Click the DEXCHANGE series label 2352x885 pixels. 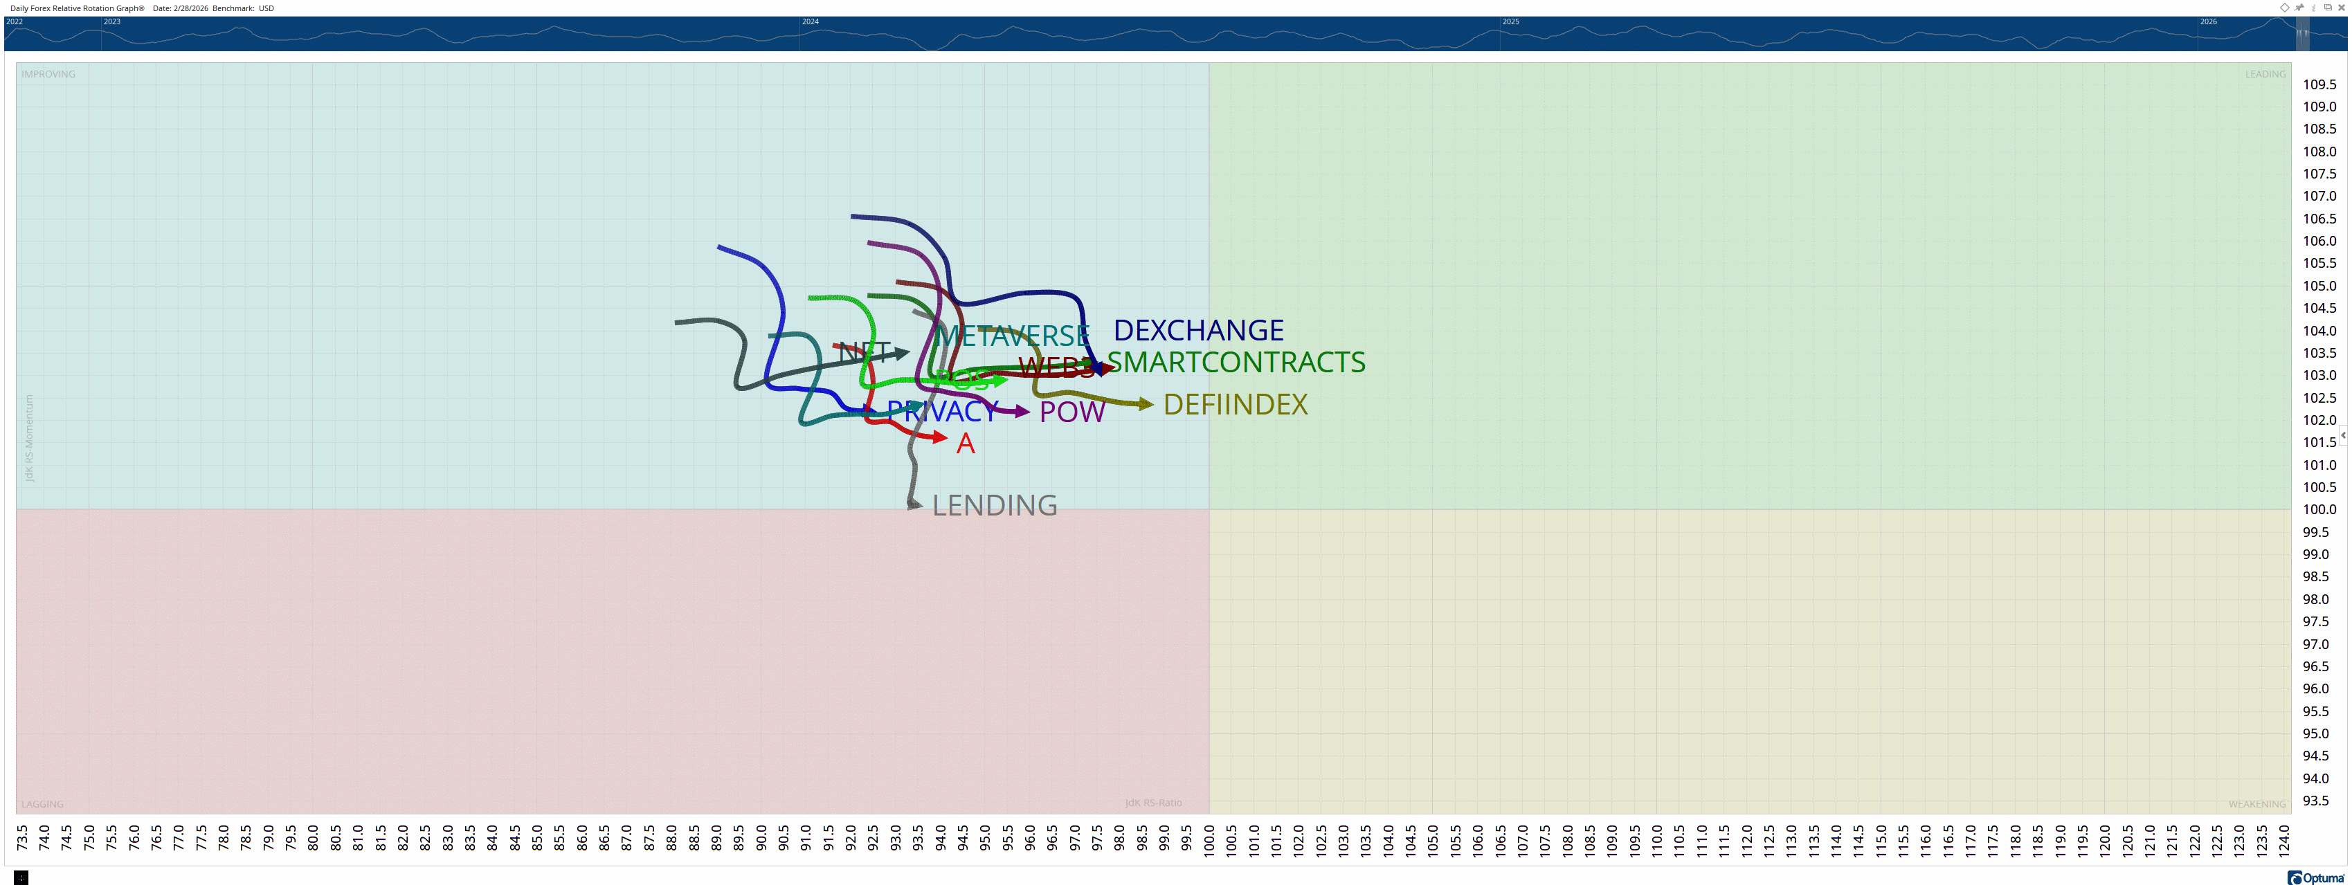[1198, 330]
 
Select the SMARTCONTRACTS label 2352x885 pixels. [1236, 362]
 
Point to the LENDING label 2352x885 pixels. [994, 505]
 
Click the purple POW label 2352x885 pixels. [1072, 412]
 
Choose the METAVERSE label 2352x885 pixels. [1012, 336]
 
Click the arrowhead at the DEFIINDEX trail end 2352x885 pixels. [1146, 403]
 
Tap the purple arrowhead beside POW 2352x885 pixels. [1022, 412]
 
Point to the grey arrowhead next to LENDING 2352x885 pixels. [915, 504]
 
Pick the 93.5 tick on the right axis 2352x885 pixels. [2315, 800]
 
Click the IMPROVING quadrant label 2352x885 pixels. [48, 74]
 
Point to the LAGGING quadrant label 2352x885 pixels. [42, 804]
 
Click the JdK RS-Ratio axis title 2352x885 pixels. [1153, 803]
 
